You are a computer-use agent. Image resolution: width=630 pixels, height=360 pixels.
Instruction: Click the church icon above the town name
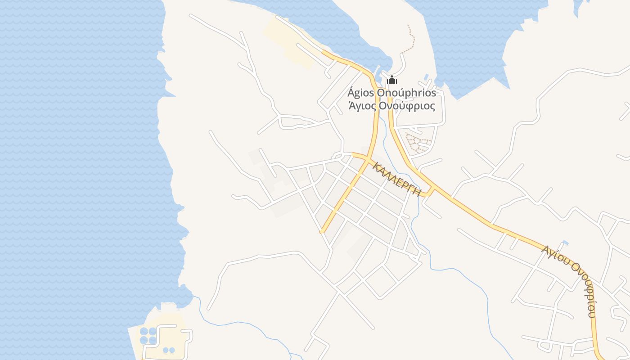[x=392, y=80]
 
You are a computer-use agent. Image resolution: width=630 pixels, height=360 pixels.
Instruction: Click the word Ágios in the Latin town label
[x=360, y=93]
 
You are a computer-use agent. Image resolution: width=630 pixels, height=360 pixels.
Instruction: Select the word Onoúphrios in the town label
[x=406, y=93]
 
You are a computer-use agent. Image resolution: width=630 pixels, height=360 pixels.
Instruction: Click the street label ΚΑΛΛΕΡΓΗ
[x=396, y=179]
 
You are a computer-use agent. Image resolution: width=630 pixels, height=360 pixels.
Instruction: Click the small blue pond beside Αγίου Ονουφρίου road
[x=565, y=243]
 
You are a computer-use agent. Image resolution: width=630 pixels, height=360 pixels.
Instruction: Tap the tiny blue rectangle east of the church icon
[x=426, y=77]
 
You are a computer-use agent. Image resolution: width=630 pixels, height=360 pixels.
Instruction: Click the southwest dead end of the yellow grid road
[x=322, y=232]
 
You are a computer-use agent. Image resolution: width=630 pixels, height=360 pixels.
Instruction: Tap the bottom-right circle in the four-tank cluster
[x=153, y=341]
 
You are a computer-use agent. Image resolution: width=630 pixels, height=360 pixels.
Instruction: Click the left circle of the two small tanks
[x=165, y=350]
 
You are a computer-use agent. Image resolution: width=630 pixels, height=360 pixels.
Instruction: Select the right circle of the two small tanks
[x=172, y=350]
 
